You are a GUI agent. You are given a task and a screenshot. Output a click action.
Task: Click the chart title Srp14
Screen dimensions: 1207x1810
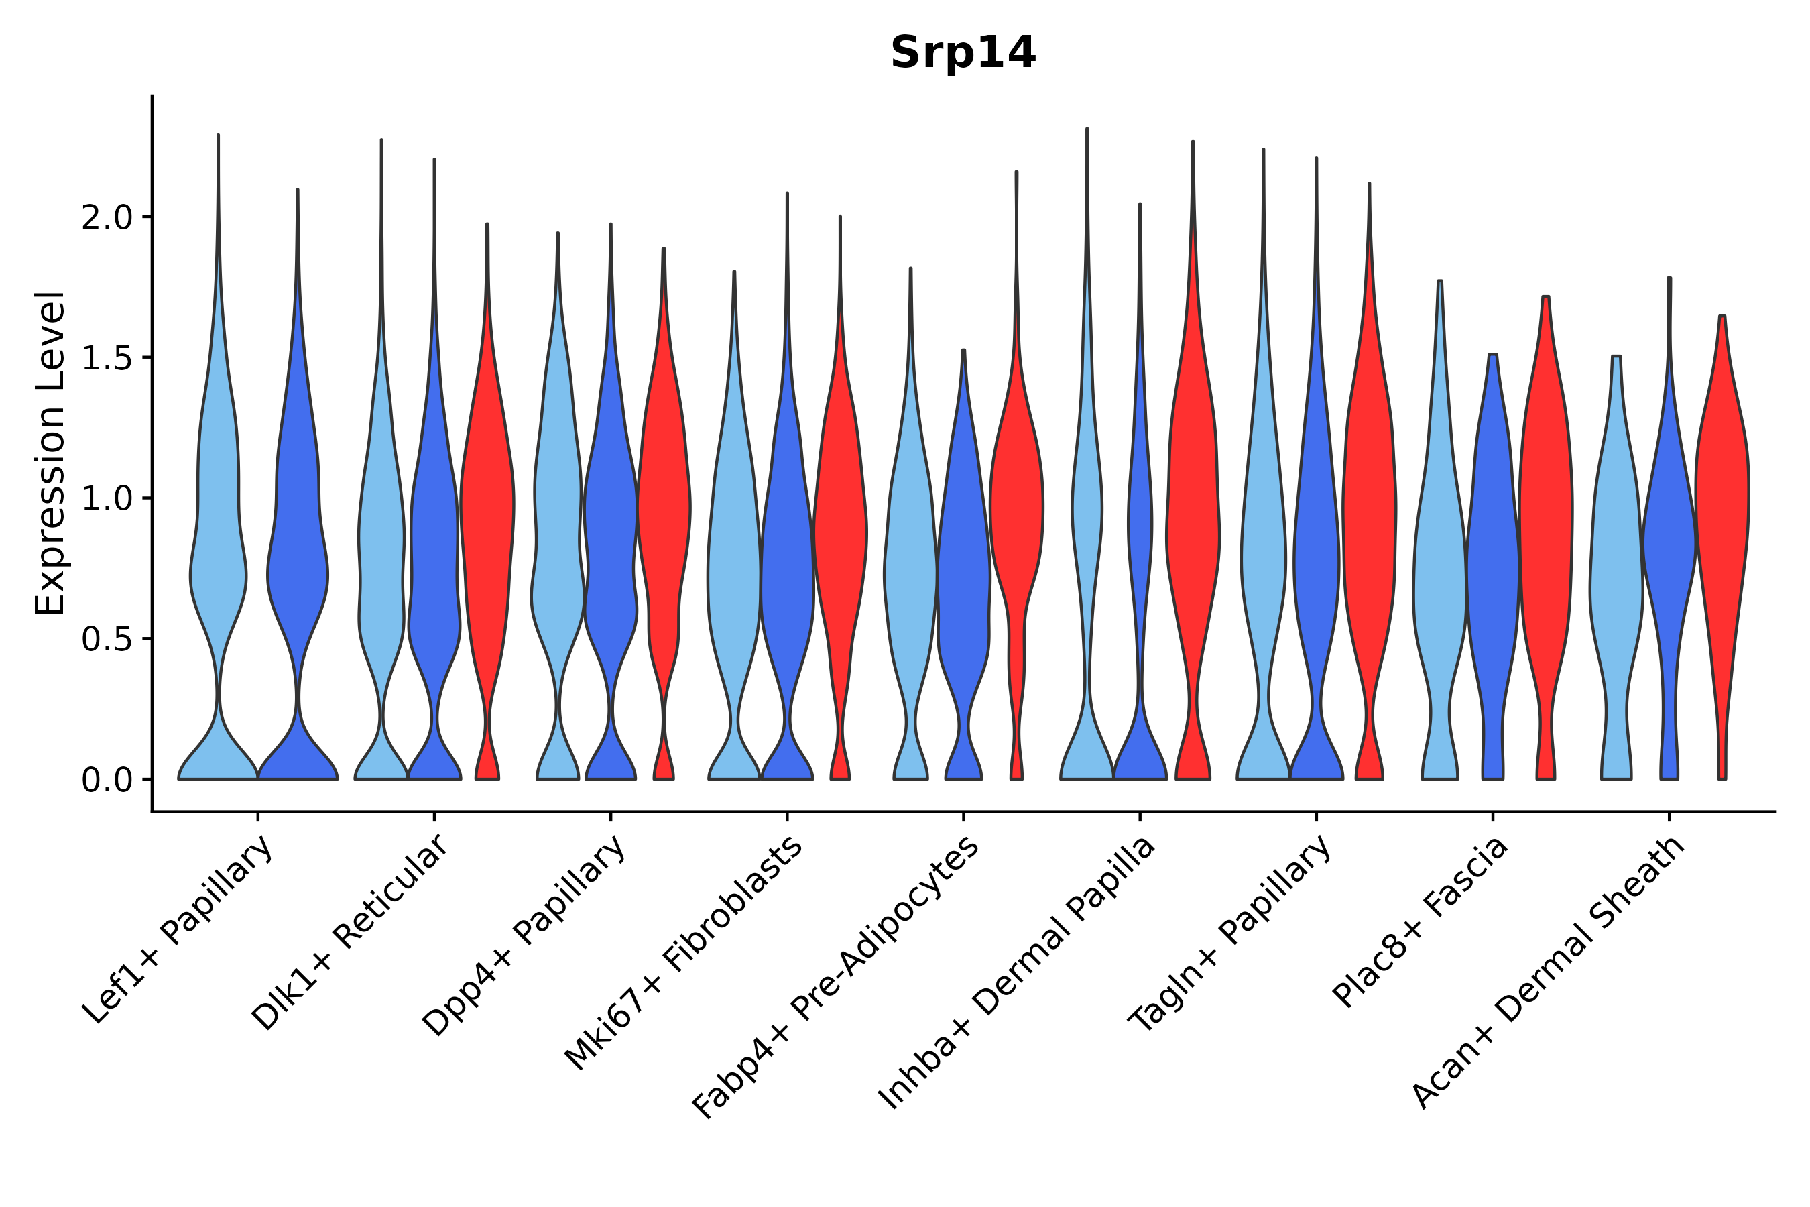click(963, 54)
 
